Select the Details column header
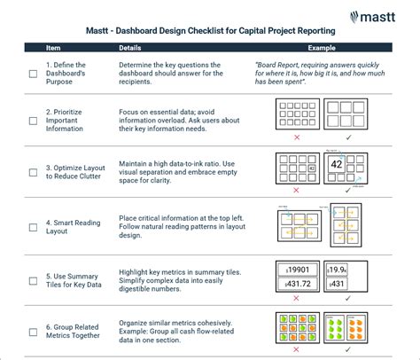[x=131, y=48]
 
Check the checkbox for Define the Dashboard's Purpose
[x=34, y=74]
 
